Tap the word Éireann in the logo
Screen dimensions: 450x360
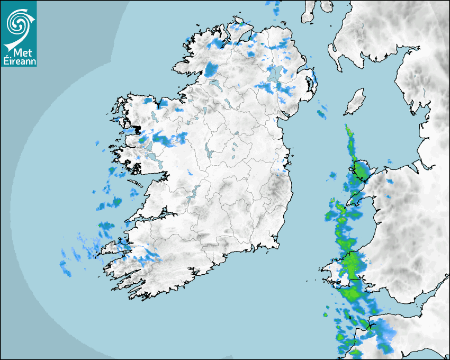coord(20,60)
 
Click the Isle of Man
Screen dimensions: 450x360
coord(355,102)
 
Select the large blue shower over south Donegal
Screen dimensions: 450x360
coord(211,69)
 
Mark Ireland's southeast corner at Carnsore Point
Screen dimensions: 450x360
coord(276,245)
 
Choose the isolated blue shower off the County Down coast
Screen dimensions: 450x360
coord(322,112)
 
